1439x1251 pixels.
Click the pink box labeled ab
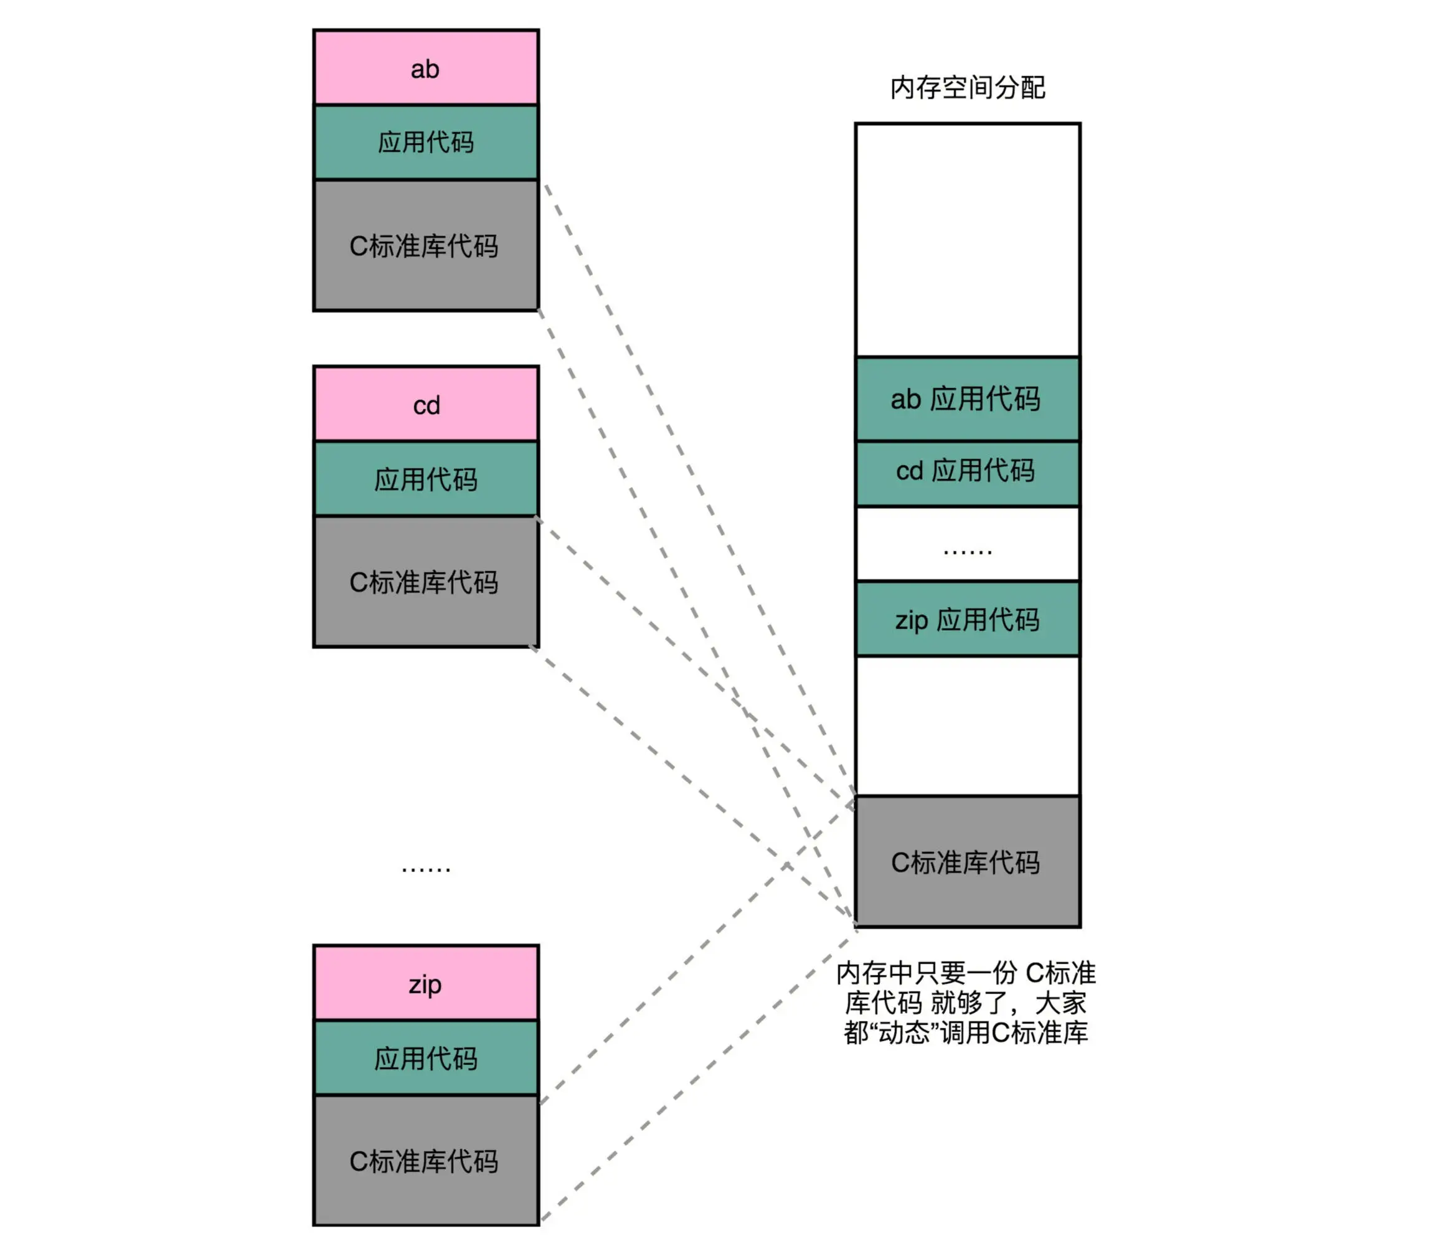pyautogui.click(x=425, y=68)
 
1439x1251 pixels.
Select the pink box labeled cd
pyautogui.click(x=425, y=405)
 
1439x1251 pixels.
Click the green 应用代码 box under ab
pyautogui.click(x=425, y=143)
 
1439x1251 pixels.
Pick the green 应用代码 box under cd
pyautogui.click(x=425, y=479)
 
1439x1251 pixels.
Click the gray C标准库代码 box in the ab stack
pyautogui.click(x=425, y=245)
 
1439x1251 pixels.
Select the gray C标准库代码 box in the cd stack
pyautogui.click(x=425, y=582)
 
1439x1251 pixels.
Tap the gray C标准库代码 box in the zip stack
pyautogui.click(x=425, y=1161)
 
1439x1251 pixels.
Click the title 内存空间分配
pyautogui.click(x=967, y=88)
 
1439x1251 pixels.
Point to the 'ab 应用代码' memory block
pyautogui.click(x=967, y=399)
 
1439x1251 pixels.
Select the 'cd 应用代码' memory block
pyautogui.click(x=967, y=471)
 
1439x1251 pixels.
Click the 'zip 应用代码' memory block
pyautogui.click(x=967, y=619)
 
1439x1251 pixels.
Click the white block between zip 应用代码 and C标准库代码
pyautogui.click(x=967, y=726)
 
